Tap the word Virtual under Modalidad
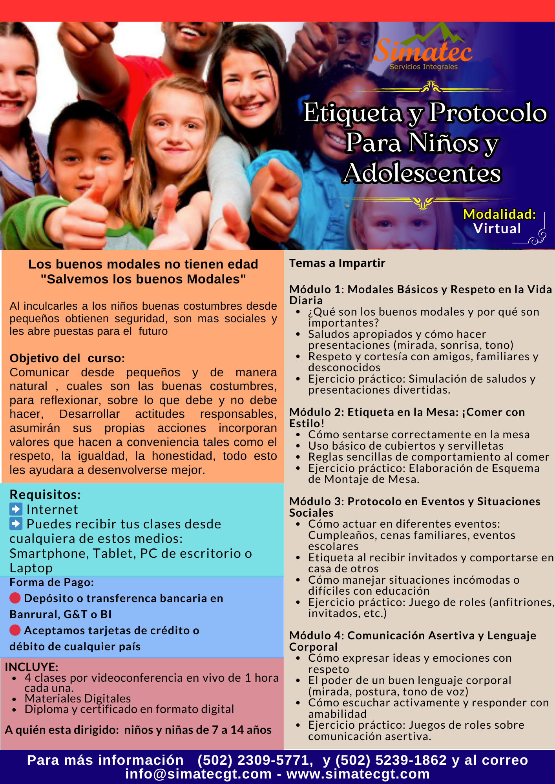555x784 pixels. [497, 229]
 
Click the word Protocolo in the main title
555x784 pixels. [487, 113]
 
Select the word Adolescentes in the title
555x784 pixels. [422, 173]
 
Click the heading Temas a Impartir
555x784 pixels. [337, 263]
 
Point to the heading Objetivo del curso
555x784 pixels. [67, 358]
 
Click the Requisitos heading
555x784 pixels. [45, 495]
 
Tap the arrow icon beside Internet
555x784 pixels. [16, 509]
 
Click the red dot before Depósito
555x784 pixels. [15, 598]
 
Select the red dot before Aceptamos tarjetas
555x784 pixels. [15, 630]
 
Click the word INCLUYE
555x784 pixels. [31, 667]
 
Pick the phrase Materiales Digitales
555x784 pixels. [77, 699]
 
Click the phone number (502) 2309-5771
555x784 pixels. [255, 760]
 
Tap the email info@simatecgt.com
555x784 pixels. [198, 774]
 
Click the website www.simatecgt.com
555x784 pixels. [358, 774]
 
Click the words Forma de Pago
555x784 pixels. [51, 583]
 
